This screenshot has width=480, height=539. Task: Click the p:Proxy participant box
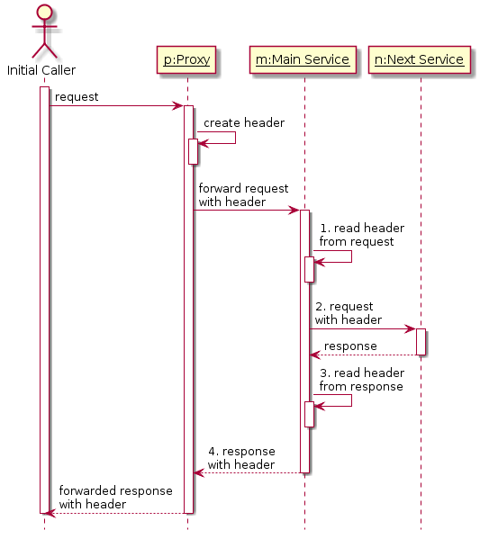tap(186, 59)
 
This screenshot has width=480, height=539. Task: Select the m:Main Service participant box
tap(303, 59)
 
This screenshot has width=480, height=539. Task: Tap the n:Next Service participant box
tap(419, 59)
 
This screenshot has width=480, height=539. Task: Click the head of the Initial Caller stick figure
tap(44, 12)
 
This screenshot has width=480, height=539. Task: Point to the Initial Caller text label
tap(41, 70)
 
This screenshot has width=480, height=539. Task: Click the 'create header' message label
tap(244, 122)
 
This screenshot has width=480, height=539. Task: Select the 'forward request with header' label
tap(243, 195)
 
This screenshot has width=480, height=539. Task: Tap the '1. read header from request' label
tap(362, 235)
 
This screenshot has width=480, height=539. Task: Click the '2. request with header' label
tap(349, 313)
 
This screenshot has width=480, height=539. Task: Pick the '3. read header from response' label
tap(362, 380)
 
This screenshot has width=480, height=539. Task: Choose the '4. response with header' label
tap(241, 458)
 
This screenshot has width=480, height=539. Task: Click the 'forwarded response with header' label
tap(115, 498)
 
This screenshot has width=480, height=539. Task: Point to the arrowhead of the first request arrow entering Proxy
tap(178, 106)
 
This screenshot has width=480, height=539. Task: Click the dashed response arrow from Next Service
tap(363, 355)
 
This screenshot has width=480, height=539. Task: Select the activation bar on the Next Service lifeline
tap(421, 342)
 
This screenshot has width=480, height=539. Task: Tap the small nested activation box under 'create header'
tap(193, 151)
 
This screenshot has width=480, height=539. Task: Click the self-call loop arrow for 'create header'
tap(235, 138)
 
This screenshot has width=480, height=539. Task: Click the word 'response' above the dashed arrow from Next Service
tap(350, 346)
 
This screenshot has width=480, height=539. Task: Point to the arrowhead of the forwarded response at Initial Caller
tap(50, 513)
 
